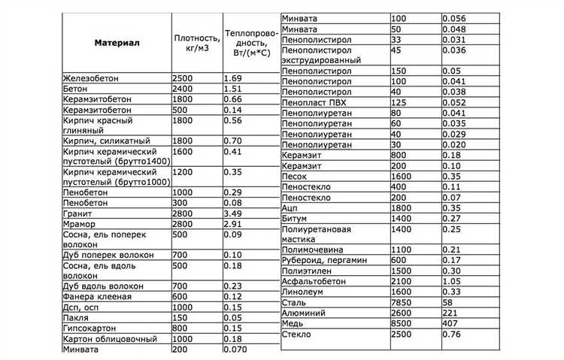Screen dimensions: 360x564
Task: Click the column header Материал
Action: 117,44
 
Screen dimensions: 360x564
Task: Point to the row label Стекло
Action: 297,333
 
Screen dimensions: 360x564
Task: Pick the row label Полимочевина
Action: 313,249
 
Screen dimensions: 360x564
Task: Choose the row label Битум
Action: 296,217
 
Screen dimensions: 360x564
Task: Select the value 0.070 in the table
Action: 237,349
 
